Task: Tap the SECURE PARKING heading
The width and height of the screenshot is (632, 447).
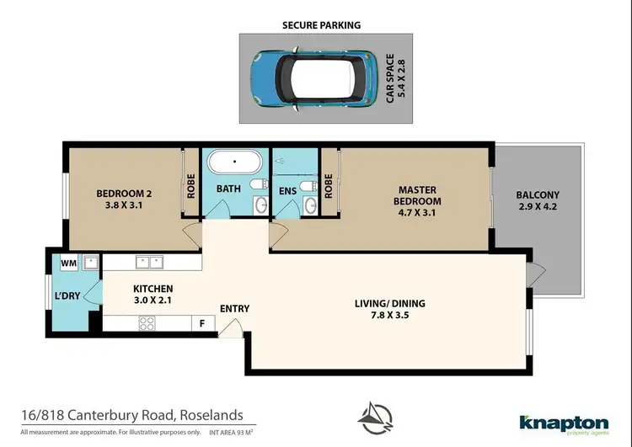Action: point(321,25)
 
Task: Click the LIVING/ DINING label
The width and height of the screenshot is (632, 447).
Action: point(390,310)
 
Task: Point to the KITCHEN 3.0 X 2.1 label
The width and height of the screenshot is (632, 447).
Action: point(153,295)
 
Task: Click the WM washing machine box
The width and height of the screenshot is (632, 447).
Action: point(69,263)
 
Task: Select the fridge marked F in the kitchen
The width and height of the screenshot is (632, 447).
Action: point(202,322)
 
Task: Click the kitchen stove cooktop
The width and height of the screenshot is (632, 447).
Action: point(145,322)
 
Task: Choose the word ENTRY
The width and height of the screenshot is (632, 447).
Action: point(234,309)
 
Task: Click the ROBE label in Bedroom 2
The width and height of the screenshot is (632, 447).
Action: point(192,184)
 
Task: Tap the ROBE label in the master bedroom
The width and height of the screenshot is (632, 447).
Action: point(329,184)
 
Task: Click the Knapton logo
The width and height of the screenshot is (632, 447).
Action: point(563,423)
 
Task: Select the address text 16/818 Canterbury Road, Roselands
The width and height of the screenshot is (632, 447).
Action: point(132,415)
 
